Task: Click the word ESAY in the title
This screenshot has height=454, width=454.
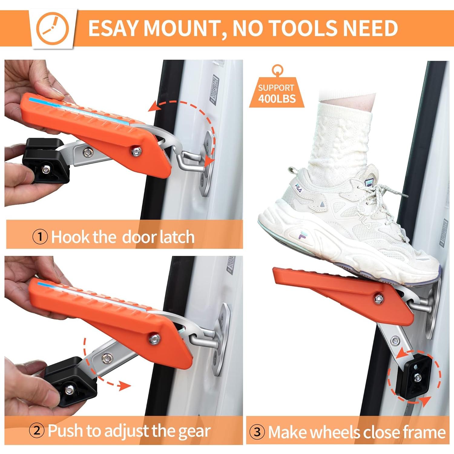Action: coord(113,28)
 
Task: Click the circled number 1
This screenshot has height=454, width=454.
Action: coord(40,236)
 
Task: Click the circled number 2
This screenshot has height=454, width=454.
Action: coord(37,430)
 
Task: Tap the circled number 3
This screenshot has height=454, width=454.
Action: coord(257,432)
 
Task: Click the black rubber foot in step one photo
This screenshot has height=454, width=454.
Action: coord(47,160)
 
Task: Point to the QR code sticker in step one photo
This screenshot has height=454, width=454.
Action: coord(214,88)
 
